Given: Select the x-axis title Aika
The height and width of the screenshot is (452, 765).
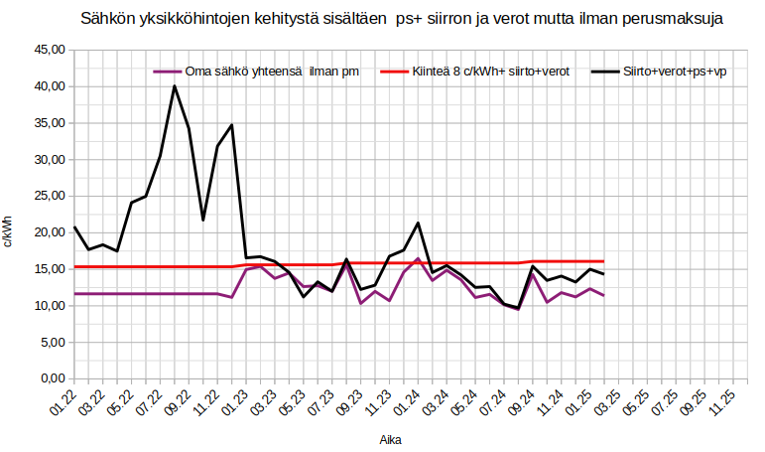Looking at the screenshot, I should tap(390, 438).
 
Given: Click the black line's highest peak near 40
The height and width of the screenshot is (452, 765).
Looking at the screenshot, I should tap(175, 85).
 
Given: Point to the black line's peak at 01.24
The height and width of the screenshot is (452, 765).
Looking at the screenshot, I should tap(418, 223).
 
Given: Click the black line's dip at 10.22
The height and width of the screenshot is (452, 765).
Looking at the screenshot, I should tap(203, 220).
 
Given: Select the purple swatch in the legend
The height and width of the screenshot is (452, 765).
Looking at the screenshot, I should tap(167, 72).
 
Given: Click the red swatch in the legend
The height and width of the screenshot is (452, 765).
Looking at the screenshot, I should tap(393, 72).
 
